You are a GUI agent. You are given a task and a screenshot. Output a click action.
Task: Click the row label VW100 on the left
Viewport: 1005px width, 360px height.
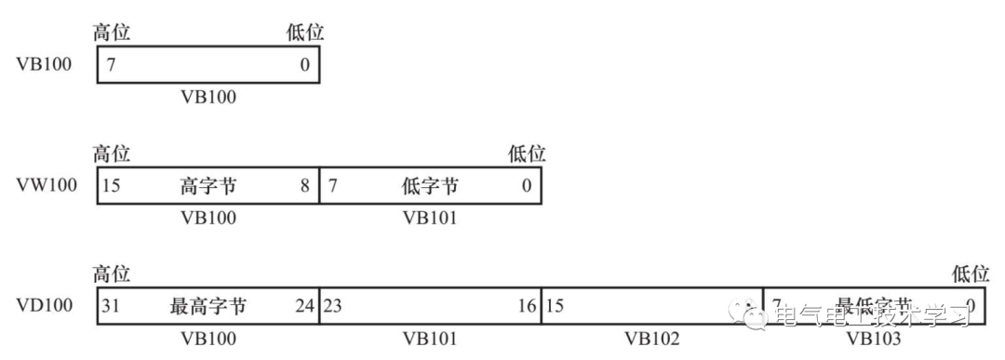click(47, 185)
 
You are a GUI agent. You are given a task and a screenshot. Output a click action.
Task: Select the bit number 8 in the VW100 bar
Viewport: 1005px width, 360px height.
click(304, 185)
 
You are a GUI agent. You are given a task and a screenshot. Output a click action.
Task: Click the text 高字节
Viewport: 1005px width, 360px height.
click(208, 185)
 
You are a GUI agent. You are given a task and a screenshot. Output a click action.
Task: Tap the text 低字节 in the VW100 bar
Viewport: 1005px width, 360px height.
click(429, 185)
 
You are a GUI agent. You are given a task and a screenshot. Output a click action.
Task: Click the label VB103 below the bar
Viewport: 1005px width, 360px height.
click(874, 339)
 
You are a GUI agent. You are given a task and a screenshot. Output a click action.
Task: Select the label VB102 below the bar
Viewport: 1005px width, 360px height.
click(651, 339)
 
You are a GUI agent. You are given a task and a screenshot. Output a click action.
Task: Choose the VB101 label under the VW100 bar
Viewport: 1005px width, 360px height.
click(430, 218)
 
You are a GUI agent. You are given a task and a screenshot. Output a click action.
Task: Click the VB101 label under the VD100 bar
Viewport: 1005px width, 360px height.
click(430, 339)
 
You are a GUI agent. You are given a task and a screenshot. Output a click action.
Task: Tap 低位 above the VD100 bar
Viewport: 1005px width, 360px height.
click(970, 273)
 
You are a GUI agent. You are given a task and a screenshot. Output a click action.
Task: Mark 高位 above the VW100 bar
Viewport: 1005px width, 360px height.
click(112, 153)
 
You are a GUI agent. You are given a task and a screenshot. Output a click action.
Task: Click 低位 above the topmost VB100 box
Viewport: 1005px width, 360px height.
click(305, 33)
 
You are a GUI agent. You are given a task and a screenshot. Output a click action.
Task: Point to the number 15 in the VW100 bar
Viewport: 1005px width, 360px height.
click(112, 185)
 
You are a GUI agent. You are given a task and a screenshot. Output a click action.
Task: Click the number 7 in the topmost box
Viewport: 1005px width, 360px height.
click(112, 66)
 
